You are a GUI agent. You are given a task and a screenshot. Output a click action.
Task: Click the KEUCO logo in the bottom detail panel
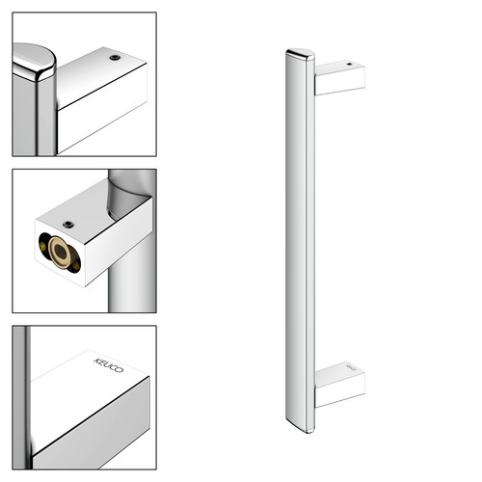coord(109,365)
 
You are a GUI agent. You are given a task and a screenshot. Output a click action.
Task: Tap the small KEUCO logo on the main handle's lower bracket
coord(351,367)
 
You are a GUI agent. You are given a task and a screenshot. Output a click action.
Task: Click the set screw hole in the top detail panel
coord(115,58)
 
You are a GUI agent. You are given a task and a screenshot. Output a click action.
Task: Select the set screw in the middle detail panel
coord(68,225)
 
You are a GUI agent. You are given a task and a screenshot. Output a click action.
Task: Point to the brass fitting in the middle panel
coord(60,253)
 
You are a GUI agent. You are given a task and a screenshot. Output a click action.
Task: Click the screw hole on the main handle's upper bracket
coord(350,64)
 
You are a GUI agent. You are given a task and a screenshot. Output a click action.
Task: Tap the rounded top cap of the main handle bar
coord(300,54)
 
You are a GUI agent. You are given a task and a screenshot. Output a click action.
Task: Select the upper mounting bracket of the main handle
coord(339,78)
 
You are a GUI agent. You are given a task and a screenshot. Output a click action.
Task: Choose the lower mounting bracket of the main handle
coord(339,385)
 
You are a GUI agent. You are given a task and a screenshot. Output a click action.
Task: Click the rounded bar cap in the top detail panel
coord(35,62)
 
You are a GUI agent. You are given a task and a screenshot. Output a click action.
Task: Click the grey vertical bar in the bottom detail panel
coord(21,397)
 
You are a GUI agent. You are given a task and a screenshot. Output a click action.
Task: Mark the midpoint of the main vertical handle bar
coord(300,241)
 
